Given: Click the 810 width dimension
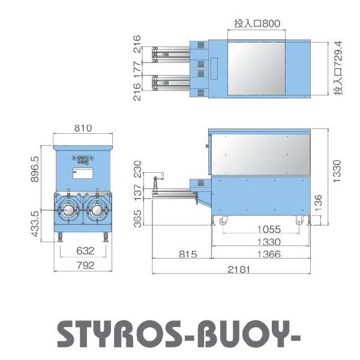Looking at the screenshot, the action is pyautogui.click(x=83, y=128).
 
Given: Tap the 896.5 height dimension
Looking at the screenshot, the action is pyautogui.click(x=35, y=169).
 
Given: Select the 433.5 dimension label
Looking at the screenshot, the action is pyautogui.click(x=35, y=224).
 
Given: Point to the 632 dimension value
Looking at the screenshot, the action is pyautogui.click(x=85, y=251).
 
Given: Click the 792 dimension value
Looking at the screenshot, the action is pyautogui.click(x=85, y=265).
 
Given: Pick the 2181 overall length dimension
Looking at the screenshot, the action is pyautogui.click(x=239, y=269).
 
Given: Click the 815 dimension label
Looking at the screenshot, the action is pyautogui.click(x=188, y=254).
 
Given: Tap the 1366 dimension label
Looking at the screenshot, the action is pyautogui.click(x=269, y=254).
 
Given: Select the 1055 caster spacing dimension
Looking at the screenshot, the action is pyautogui.click(x=269, y=229).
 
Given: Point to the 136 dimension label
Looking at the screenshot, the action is pyautogui.click(x=318, y=203).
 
